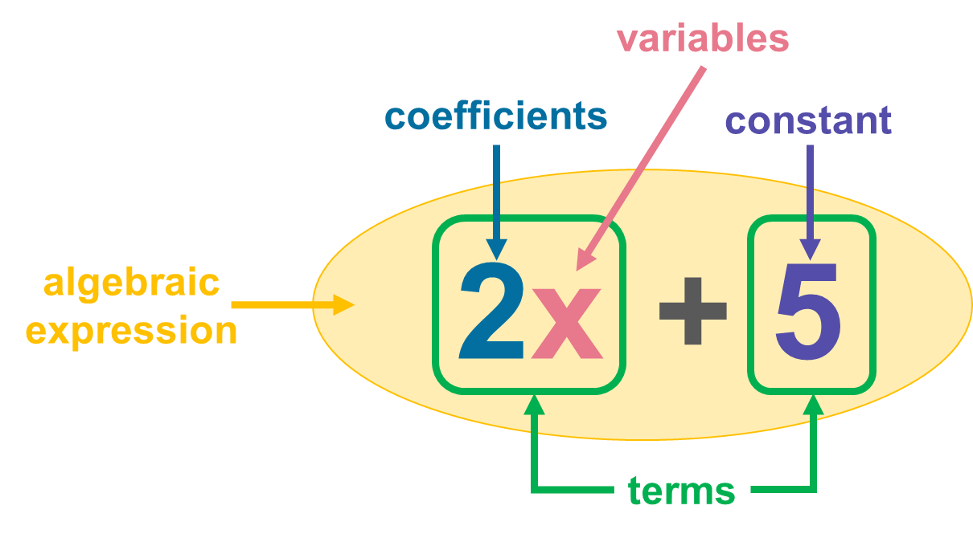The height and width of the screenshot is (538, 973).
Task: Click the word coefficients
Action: [x=495, y=117]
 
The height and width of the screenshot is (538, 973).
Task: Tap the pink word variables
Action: [x=703, y=39]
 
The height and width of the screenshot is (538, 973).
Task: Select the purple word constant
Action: [x=808, y=120]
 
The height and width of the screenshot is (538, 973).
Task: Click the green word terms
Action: [x=681, y=490]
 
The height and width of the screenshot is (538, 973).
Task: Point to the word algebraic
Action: [x=131, y=283]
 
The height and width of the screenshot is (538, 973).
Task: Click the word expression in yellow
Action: [x=131, y=330]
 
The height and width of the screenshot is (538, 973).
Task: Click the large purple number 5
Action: [x=808, y=311]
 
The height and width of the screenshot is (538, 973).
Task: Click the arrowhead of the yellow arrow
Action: [x=344, y=304]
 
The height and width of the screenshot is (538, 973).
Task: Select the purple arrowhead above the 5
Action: [x=810, y=248]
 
